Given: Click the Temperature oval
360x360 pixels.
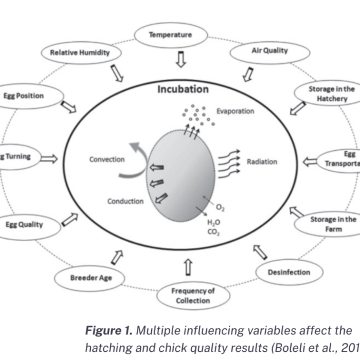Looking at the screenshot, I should pos(170,35).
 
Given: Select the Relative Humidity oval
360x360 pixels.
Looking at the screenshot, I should pos(80,52).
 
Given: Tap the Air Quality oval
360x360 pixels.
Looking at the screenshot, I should pos(269,51).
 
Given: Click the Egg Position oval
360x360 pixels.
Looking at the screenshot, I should pos(25,96).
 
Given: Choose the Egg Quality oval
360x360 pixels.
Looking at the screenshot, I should pos(25,225).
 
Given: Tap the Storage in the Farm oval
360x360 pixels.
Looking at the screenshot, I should pos(332,224).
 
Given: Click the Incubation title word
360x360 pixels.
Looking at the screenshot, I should pos(183,89).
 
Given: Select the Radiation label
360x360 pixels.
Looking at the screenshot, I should pos(262,161).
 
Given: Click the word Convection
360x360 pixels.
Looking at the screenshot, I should pos(107,159).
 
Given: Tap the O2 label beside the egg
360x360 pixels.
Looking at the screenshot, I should pos(220,208).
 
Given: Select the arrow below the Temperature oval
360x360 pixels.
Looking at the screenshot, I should pos(180,60).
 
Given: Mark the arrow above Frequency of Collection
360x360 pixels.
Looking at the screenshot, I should pos(188,267).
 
